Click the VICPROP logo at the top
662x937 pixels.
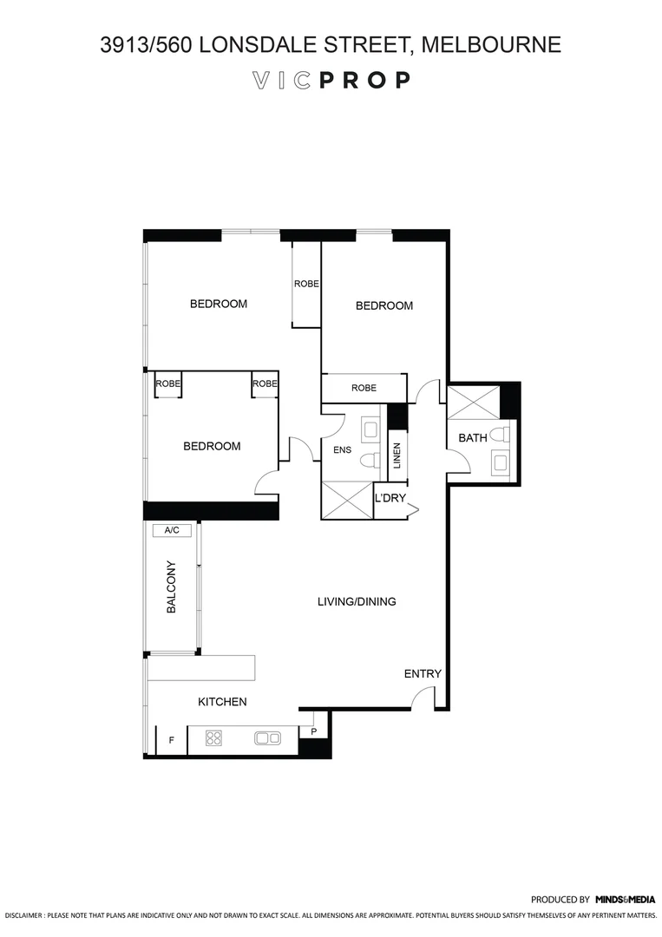click(x=331, y=81)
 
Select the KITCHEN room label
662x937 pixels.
click(x=222, y=702)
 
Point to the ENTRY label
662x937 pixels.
click(x=423, y=674)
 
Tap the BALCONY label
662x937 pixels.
click(x=171, y=589)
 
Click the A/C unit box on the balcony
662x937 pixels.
click(x=171, y=530)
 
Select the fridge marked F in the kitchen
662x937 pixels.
click(x=171, y=740)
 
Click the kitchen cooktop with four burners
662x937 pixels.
click(x=213, y=738)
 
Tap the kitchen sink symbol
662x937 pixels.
click(x=267, y=738)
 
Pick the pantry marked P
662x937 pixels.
click(x=313, y=731)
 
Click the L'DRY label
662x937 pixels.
click(x=390, y=498)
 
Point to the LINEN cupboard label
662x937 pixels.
click(x=397, y=456)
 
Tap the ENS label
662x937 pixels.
click(x=341, y=449)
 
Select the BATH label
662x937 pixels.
click(x=472, y=438)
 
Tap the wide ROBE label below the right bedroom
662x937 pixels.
click(x=364, y=388)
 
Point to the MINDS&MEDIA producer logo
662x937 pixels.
click(x=625, y=900)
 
